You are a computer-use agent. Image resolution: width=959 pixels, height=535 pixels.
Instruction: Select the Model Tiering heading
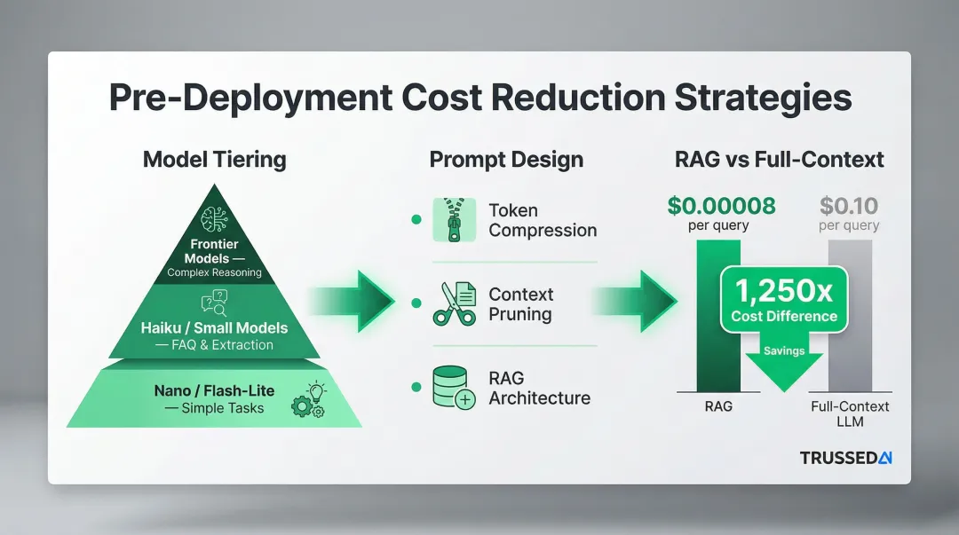point(214,160)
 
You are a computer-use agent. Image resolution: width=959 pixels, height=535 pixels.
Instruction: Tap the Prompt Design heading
point(506,160)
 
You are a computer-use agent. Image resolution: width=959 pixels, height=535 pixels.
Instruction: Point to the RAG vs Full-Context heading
point(779,160)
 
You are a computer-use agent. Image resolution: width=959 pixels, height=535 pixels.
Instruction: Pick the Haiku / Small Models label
point(214,327)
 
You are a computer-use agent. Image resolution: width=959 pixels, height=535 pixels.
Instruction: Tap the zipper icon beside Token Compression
point(454,220)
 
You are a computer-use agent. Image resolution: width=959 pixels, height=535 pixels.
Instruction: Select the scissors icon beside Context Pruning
point(454,304)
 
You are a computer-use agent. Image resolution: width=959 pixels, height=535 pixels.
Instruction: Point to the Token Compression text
point(542,220)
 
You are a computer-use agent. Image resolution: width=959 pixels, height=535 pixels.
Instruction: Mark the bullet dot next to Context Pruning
point(416,303)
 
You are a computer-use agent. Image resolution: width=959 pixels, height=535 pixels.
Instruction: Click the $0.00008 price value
point(721,207)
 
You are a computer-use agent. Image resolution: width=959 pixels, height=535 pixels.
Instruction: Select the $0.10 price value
point(849,207)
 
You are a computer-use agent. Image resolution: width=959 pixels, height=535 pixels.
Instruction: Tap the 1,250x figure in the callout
point(784,289)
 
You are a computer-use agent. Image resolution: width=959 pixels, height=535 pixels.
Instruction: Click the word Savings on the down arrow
point(784,350)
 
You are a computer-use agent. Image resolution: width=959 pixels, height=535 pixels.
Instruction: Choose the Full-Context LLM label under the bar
point(850,413)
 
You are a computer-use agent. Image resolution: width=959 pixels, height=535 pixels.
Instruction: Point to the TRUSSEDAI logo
point(845,458)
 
